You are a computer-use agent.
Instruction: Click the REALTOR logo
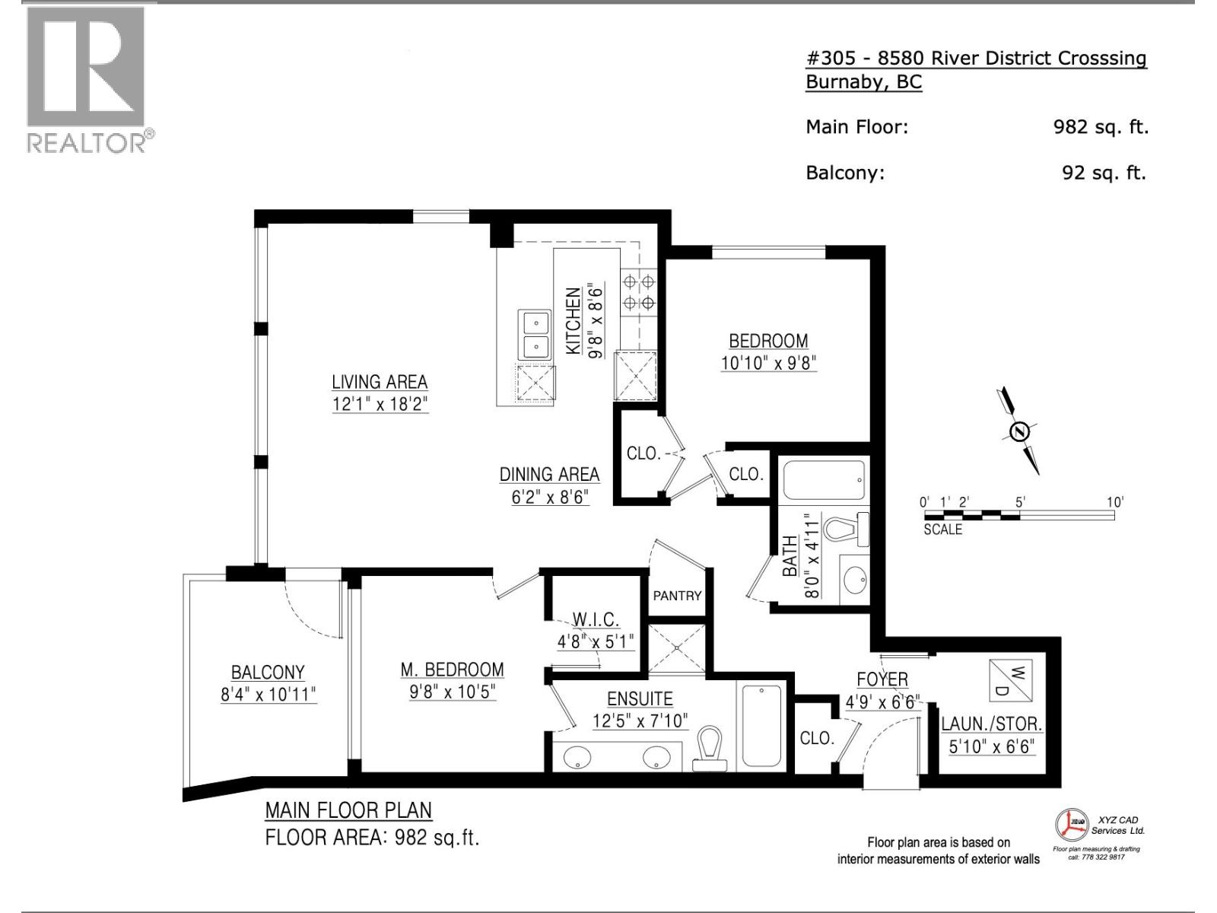[x=86, y=79]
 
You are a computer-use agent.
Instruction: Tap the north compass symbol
[x=1018, y=431]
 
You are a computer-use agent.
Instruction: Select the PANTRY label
[x=677, y=596]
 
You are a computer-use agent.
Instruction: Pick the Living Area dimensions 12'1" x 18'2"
[x=380, y=404]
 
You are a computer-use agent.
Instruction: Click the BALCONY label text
[x=268, y=673]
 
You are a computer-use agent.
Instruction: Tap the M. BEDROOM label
[x=452, y=670]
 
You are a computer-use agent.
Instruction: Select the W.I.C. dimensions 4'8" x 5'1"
[x=595, y=641]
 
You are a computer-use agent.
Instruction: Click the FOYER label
[x=882, y=679]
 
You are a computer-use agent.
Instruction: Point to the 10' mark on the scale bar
[x=1114, y=502]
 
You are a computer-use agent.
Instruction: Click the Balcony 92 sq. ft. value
[x=1104, y=173]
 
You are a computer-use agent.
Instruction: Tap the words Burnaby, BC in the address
[x=863, y=82]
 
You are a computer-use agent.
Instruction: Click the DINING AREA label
[x=549, y=474]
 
